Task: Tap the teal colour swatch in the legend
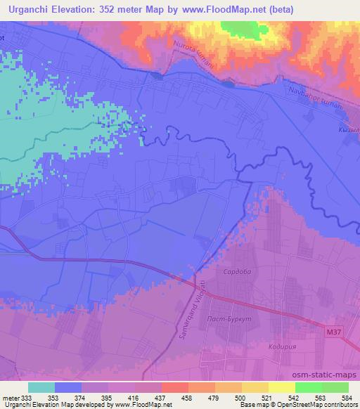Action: click(x=41, y=387)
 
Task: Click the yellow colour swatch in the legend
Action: click(x=281, y=387)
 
